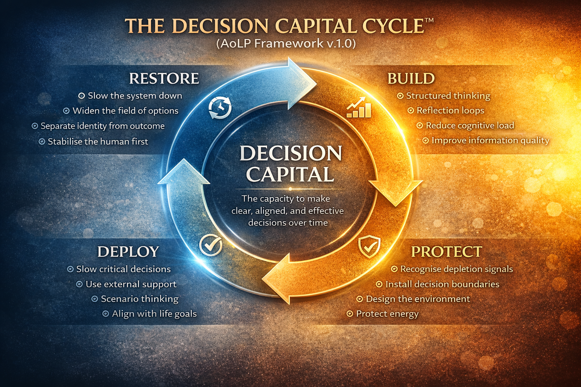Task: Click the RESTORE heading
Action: point(164,79)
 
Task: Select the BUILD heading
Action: point(411,79)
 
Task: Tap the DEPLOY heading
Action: point(128,252)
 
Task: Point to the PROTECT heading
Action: point(446,252)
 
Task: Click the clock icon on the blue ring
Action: point(220,108)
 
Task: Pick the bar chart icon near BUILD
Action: point(359,108)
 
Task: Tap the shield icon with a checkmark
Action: point(369,246)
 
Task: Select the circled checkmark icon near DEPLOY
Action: point(211,245)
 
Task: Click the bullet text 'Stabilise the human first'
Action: point(98,142)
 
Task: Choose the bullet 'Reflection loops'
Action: point(450,110)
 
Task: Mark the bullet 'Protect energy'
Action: point(387,314)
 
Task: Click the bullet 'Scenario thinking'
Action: point(140,299)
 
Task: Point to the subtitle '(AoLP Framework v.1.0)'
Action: point(286,43)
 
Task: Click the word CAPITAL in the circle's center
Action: point(290,174)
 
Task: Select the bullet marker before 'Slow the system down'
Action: point(81,96)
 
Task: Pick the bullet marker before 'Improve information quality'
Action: point(426,141)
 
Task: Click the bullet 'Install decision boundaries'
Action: point(442,284)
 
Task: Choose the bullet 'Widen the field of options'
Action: point(125,111)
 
